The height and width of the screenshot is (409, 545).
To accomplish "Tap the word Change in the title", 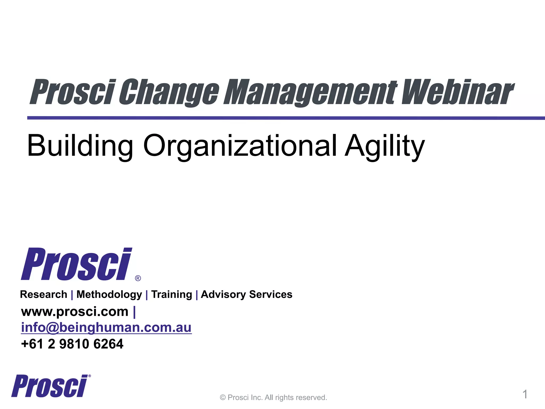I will pyautogui.click(x=169, y=92).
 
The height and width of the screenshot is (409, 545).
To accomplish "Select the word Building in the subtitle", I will pyautogui.click(x=80, y=146).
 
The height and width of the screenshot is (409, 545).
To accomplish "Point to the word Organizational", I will pyautogui.click(x=240, y=146).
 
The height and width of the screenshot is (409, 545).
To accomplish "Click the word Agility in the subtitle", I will pyautogui.click(x=384, y=146).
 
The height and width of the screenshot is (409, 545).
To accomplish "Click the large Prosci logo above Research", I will pyautogui.click(x=76, y=264).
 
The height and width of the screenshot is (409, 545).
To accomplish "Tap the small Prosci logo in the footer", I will pyautogui.click(x=50, y=386).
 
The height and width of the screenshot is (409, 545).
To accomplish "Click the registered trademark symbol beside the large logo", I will pyautogui.click(x=138, y=278).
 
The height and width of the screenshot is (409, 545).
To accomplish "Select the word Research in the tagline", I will pyautogui.click(x=44, y=295).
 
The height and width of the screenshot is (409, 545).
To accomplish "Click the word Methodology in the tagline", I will pyautogui.click(x=109, y=295).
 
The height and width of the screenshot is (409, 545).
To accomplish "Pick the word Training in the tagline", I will pyautogui.click(x=172, y=295).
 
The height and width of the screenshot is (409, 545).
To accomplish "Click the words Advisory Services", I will pyautogui.click(x=246, y=295).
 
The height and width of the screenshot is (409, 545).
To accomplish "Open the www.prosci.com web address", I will pyautogui.click(x=75, y=312).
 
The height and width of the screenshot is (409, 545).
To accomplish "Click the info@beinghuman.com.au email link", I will pyautogui.click(x=106, y=328).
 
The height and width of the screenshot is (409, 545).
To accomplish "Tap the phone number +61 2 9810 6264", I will pyautogui.click(x=72, y=344).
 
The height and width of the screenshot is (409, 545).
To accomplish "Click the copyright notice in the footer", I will pyautogui.click(x=273, y=398).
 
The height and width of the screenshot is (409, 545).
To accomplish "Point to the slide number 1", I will pyautogui.click(x=525, y=394).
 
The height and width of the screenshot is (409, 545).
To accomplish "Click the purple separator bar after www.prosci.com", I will pyautogui.click(x=134, y=312).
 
